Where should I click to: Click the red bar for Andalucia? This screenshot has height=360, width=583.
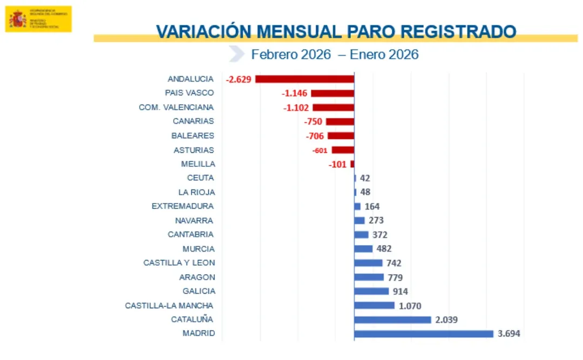(304, 79)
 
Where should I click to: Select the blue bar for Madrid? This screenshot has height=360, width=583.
(424, 334)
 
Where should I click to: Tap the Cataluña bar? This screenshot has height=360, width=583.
(392, 320)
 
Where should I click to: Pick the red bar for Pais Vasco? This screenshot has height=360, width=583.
(333, 93)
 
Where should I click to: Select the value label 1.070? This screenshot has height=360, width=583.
(411, 305)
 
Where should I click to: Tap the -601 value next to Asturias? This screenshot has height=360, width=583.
(320, 151)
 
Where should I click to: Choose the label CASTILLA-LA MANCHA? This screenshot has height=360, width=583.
(170, 305)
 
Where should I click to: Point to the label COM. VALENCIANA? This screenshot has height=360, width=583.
(176, 107)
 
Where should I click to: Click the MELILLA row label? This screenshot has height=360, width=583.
(198, 164)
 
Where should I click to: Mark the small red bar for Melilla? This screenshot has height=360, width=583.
(352, 164)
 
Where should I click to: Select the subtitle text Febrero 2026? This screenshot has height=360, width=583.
(291, 55)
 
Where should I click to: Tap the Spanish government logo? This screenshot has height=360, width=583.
(38, 19)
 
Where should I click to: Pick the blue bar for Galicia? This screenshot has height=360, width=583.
(371, 291)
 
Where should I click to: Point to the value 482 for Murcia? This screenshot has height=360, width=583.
(384, 249)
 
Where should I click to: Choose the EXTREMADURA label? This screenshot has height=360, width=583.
(182, 206)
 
